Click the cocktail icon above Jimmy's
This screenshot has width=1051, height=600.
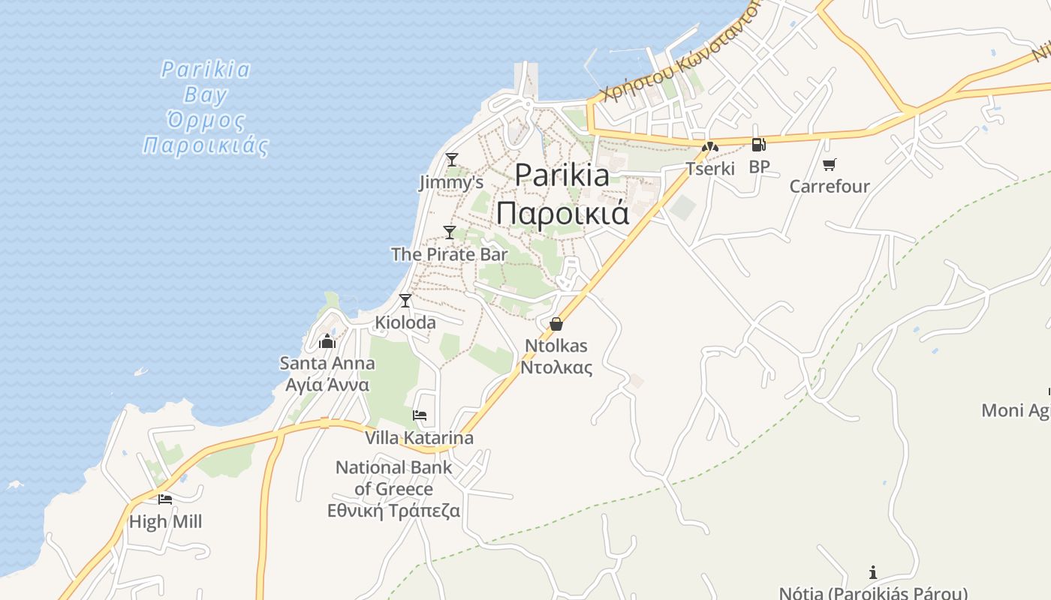coord(451,159)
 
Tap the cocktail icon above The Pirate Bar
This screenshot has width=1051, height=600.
coord(450,232)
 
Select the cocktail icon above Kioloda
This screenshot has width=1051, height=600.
coord(405,300)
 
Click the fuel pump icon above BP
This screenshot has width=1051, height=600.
coord(758,145)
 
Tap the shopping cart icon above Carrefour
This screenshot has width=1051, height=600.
coord(829,164)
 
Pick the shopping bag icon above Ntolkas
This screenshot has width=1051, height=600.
coord(556,324)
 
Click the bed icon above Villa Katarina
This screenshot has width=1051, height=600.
coord(420,415)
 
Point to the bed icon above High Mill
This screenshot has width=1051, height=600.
coord(165,499)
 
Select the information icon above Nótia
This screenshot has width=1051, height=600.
coord(872,572)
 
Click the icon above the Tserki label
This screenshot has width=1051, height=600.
coord(709,147)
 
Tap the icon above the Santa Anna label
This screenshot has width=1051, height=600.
coord(327,342)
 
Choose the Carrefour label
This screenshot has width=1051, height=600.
coord(829,186)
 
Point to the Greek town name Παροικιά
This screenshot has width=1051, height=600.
coord(562,213)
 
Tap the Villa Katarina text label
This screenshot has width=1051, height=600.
coord(419,438)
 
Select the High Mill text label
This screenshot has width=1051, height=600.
coord(165,521)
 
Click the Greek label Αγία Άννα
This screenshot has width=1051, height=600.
coord(327,385)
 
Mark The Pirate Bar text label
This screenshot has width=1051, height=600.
coord(449,254)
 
